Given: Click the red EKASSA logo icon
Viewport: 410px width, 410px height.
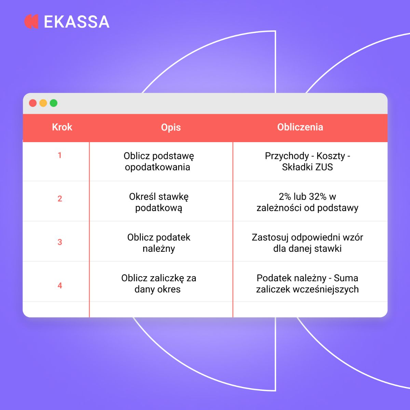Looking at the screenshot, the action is click(31, 22).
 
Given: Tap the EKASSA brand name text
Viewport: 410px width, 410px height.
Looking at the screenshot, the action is click(77, 22).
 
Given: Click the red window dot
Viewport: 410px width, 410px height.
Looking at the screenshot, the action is click(33, 103).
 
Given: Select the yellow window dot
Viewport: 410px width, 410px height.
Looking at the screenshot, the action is click(43, 103).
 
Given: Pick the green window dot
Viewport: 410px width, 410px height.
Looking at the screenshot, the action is click(54, 103).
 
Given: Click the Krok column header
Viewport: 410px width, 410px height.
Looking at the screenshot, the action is click(62, 127).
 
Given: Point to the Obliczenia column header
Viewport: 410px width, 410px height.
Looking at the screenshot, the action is click(300, 127).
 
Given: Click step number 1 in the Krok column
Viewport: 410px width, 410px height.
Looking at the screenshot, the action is click(60, 155).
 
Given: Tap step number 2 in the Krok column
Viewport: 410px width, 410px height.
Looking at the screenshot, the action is click(60, 199).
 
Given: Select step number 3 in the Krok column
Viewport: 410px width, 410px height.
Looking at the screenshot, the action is click(60, 242).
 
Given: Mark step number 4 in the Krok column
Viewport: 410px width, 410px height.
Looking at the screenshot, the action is click(60, 286).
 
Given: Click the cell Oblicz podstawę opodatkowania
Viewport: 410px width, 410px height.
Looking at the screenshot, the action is click(159, 162).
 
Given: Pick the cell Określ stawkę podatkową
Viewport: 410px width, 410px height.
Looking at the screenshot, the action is click(159, 202).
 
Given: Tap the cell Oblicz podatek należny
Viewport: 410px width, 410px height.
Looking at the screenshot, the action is click(159, 243).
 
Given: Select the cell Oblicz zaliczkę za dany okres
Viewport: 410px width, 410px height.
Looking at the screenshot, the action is click(159, 284).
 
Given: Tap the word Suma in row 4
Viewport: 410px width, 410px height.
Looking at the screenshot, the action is click(346, 278).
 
